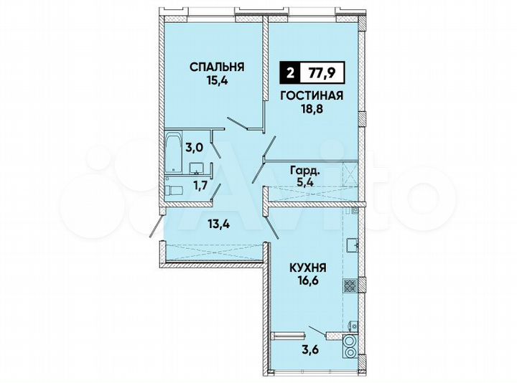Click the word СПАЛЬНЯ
pos(217,67)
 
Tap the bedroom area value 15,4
pos(217,81)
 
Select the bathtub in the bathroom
pos(172,151)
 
